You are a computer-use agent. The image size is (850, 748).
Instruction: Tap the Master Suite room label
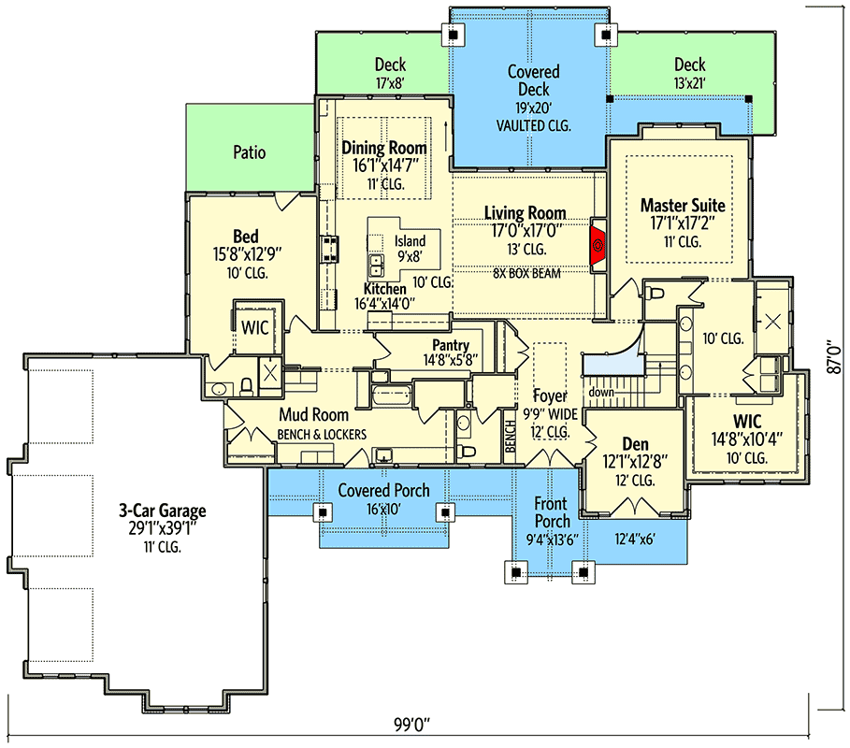tap(683, 205)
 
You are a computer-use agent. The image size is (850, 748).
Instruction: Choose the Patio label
tap(249, 151)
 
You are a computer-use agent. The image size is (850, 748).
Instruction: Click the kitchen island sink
tap(377, 263)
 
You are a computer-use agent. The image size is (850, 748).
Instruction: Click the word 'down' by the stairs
tap(601, 392)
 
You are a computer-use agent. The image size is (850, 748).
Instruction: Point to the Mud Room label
tap(313, 414)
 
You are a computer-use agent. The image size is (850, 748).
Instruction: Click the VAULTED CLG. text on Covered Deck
tap(533, 124)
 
